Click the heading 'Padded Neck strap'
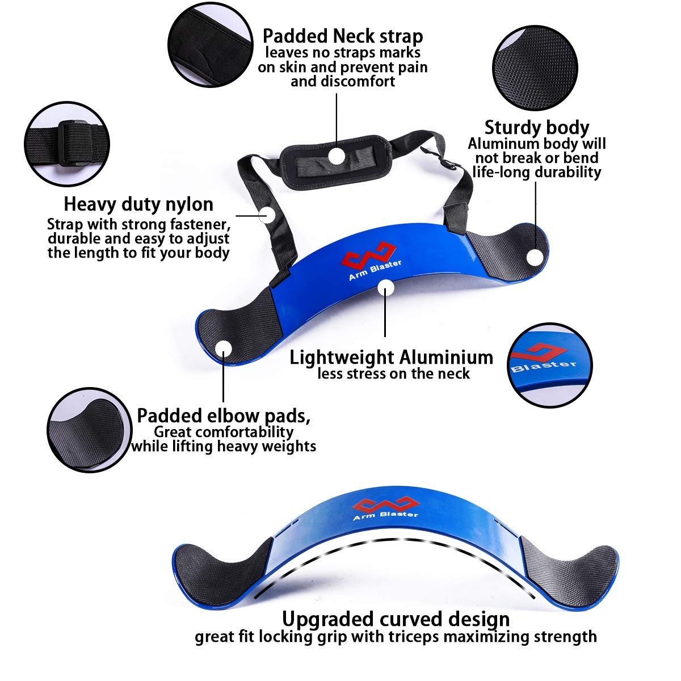(x=342, y=36)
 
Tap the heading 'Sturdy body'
(x=536, y=128)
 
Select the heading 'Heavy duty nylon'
(x=138, y=204)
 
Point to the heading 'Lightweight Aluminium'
(x=391, y=358)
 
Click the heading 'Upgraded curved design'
(x=396, y=618)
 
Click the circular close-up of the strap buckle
(x=67, y=144)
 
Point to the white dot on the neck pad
(x=338, y=155)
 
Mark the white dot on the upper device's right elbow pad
(x=534, y=257)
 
